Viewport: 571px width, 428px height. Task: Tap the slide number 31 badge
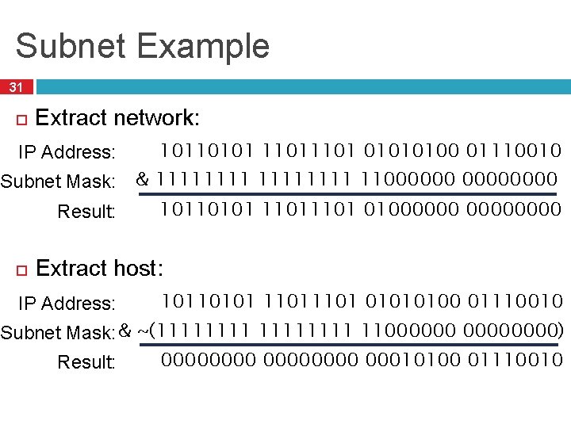click(x=16, y=87)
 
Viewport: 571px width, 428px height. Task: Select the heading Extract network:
click(x=118, y=119)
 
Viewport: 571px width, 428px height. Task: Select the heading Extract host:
click(x=100, y=269)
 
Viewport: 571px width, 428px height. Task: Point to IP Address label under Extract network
click(x=67, y=151)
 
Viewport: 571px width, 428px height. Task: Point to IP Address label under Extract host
click(x=67, y=303)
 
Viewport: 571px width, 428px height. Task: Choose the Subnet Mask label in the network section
click(x=58, y=182)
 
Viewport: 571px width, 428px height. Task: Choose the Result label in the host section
click(x=86, y=362)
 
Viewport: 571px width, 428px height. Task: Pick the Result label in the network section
click(x=86, y=212)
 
